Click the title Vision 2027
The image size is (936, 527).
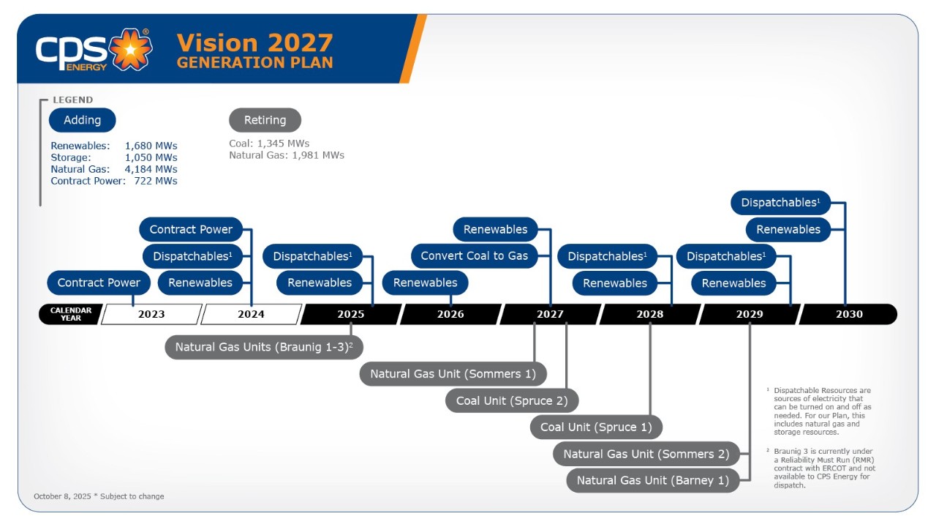[254, 42]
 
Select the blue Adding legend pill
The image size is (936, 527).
[82, 120]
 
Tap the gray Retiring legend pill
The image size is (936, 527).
[265, 120]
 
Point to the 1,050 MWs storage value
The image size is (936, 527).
[151, 157]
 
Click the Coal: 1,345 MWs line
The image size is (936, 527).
[269, 143]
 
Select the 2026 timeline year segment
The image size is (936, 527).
[450, 314]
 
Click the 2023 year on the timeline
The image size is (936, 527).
[151, 314]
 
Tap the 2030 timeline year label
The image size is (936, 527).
[849, 314]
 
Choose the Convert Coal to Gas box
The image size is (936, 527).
[475, 256]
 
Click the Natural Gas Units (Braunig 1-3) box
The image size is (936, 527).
[264, 347]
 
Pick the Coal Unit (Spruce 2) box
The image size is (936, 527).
[512, 400]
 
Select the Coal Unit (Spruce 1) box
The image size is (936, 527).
[596, 427]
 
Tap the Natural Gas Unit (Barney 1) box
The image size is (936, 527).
[653, 480]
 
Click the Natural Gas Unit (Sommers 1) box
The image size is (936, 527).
[453, 373]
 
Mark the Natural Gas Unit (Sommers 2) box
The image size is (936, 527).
[646, 454]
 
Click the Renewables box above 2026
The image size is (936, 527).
[425, 283]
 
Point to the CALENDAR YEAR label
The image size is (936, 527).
[71, 314]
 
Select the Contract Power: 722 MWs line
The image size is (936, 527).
[114, 181]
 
